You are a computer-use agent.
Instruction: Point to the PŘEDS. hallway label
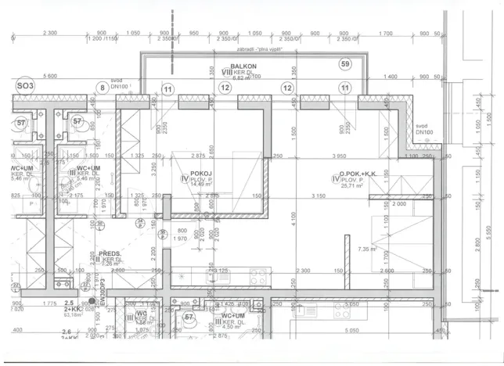pos(109,254)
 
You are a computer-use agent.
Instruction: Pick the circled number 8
pos(100,88)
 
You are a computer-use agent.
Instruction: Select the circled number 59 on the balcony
pos(345,63)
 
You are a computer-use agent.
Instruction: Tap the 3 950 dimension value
pos(339,156)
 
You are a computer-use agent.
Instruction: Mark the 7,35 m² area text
pos(367,249)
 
